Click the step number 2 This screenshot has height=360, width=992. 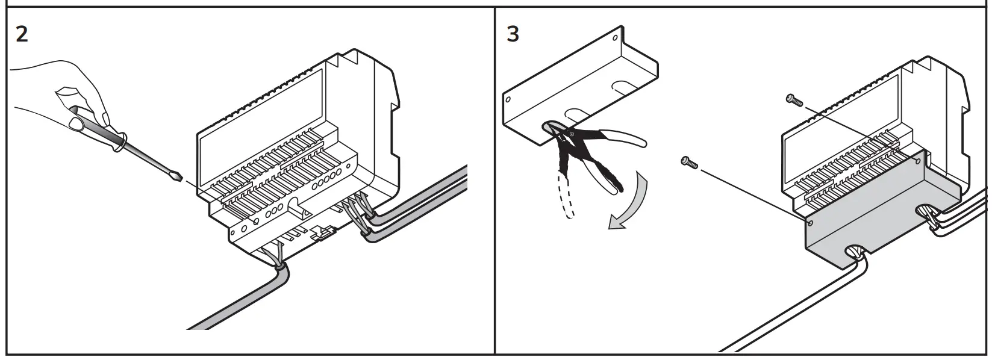point(22,34)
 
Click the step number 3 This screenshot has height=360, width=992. point(513,34)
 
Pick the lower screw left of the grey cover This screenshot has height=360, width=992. point(688,162)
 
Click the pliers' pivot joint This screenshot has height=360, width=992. point(571,134)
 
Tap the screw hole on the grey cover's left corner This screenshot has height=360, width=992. point(810,223)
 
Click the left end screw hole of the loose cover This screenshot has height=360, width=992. point(508,100)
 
